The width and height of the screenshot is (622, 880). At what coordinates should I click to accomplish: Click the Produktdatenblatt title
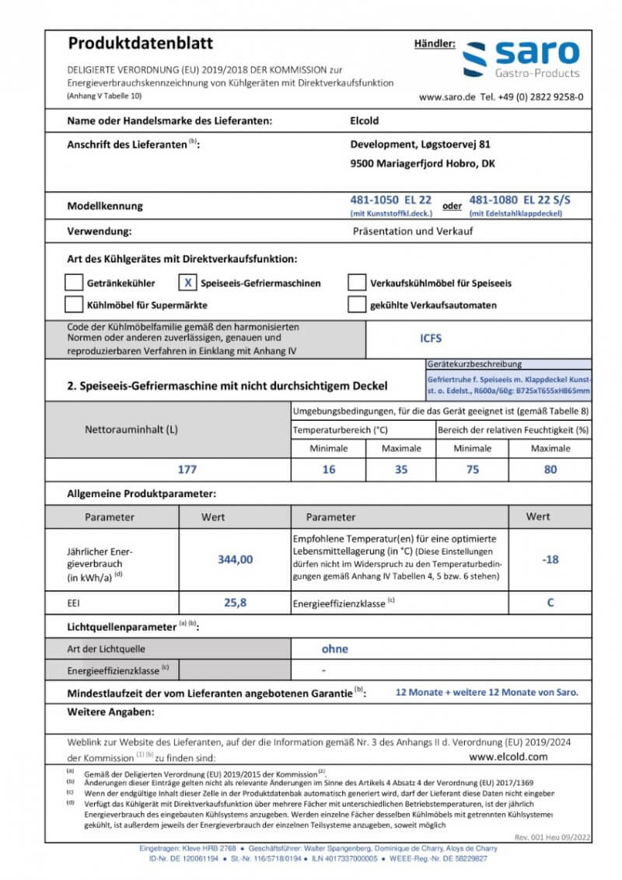pyautogui.click(x=141, y=43)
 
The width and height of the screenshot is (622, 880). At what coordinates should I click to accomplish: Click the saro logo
pyautogui.click(x=520, y=59)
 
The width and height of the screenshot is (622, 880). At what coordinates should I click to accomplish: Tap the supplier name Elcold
pyautogui.click(x=365, y=120)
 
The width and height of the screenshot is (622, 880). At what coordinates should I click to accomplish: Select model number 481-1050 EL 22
pyautogui.click(x=390, y=200)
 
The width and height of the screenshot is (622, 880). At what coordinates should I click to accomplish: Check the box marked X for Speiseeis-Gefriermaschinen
pyautogui.click(x=188, y=283)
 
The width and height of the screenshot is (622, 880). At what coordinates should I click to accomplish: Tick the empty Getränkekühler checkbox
pyautogui.click(x=74, y=283)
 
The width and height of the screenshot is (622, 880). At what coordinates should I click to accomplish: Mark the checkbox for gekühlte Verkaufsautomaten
pyautogui.click(x=356, y=304)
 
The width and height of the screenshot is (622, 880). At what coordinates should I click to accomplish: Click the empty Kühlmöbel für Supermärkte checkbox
pyautogui.click(x=74, y=304)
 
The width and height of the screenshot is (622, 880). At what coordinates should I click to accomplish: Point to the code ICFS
pyautogui.click(x=431, y=339)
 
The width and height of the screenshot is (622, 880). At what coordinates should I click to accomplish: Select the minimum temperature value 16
pyautogui.click(x=329, y=470)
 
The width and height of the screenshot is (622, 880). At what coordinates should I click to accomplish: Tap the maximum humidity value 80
pyautogui.click(x=550, y=470)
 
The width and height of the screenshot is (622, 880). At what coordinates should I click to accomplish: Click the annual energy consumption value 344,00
pyautogui.click(x=235, y=559)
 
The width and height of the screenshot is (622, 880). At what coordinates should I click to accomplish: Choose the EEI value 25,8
pyautogui.click(x=235, y=602)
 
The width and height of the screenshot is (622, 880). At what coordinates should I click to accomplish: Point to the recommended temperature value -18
pyautogui.click(x=550, y=559)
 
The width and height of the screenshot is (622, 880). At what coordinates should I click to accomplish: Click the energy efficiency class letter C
pyautogui.click(x=550, y=602)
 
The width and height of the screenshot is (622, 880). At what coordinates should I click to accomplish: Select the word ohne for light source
pyautogui.click(x=334, y=649)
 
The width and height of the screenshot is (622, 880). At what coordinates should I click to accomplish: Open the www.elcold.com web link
pyautogui.click(x=508, y=756)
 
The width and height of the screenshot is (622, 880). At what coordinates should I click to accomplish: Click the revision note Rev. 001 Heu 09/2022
pyautogui.click(x=553, y=837)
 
